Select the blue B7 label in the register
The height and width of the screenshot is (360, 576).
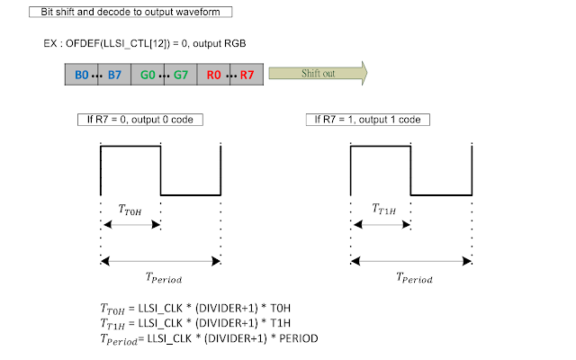[114, 73]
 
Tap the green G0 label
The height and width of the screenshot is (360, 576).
[148, 73]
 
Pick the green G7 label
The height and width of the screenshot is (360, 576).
[180, 73]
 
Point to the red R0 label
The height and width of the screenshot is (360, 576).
[213, 73]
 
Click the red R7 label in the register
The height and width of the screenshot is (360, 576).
[247, 73]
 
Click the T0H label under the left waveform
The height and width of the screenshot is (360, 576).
[130, 209]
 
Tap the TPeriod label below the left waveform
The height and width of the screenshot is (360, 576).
[160, 279]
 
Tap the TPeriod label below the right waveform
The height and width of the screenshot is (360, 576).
[410, 279]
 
